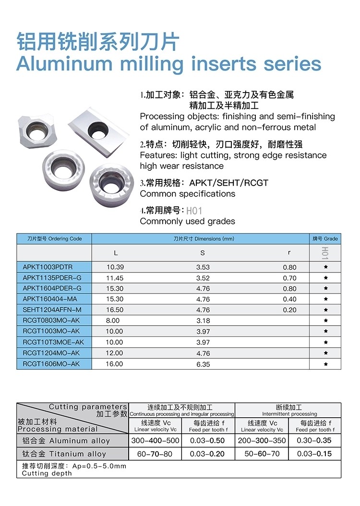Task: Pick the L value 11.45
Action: click(x=115, y=278)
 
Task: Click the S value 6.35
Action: click(x=203, y=364)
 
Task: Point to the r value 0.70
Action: click(x=289, y=278)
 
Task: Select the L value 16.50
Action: click(x=115, y=310)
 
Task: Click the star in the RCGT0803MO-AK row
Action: click(x=326, y=321)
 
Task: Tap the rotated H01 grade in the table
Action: click(x=325, y=253)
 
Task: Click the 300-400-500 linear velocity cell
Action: click(x=155, y=440)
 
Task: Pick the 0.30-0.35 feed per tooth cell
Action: click(x=314, y=440)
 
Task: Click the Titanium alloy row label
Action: click(x=64, y=454)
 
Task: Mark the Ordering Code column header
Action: click(x=54, y=238)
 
